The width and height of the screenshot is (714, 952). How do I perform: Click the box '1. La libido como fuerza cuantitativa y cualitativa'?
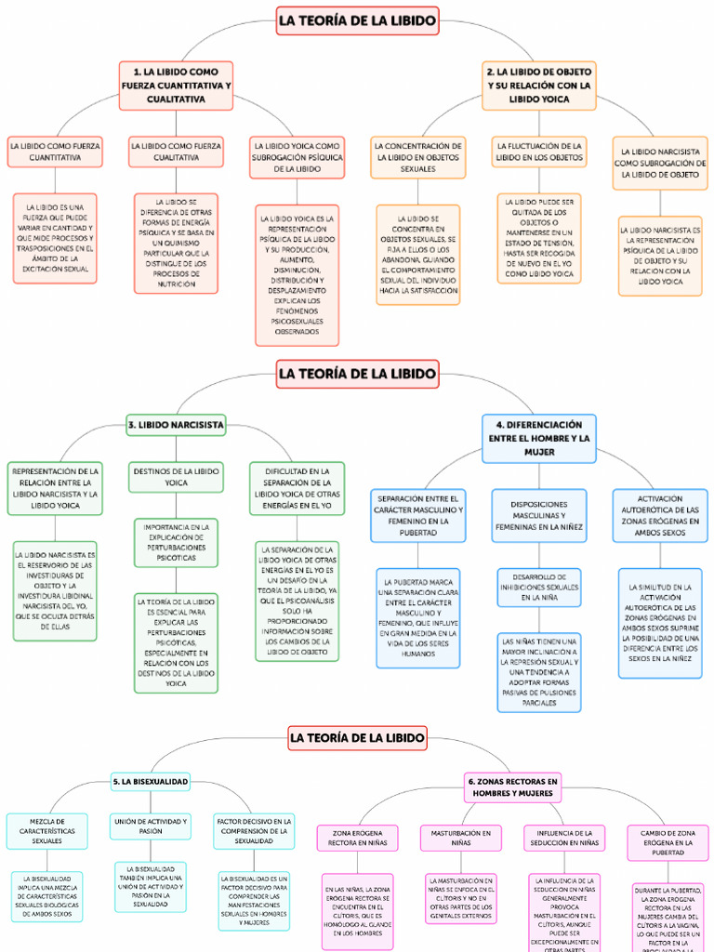176,86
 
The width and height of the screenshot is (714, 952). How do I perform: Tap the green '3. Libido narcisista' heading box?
176,425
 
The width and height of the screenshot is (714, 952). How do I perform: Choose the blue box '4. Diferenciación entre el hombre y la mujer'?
539,438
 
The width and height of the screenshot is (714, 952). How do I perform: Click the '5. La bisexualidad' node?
151,782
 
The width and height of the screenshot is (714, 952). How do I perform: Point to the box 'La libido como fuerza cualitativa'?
176,152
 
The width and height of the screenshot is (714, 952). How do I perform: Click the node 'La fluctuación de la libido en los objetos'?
539,152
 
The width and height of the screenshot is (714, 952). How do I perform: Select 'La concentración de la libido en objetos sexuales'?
417,158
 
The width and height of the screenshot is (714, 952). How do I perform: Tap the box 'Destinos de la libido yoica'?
176,477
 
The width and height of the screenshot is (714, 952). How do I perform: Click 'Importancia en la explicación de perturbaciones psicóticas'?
176,543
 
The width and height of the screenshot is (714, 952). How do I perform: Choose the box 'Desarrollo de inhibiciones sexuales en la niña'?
539,587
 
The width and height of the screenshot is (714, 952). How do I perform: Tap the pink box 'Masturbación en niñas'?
460,839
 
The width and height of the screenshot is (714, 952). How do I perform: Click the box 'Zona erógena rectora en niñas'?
357,839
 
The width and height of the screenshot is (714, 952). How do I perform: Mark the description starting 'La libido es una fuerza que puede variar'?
53,238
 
